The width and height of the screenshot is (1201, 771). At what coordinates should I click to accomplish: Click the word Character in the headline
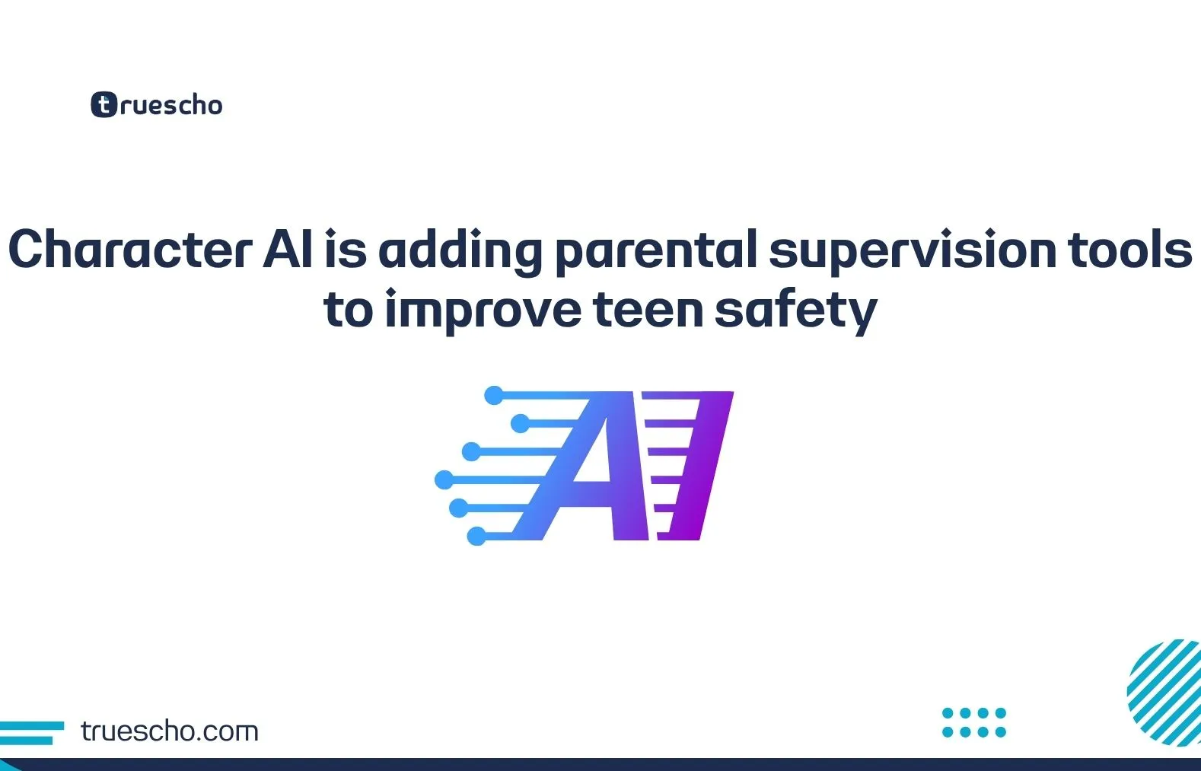pos(129,250)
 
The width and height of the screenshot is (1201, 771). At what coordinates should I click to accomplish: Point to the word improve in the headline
pos(483,311)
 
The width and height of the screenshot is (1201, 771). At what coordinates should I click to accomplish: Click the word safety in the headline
pos(796,311)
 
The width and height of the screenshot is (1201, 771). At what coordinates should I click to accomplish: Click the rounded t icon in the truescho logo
pos(104,105)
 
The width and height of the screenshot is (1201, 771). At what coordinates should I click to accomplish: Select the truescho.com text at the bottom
pos(170,731)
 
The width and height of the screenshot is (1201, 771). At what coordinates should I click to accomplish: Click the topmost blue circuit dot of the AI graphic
pos(494,395)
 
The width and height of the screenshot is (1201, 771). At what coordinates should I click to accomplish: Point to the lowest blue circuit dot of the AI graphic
pos(476,536)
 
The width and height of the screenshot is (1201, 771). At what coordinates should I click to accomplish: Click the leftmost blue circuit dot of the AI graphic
pos(444,479)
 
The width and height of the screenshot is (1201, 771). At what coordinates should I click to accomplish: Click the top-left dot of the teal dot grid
pos(948,713)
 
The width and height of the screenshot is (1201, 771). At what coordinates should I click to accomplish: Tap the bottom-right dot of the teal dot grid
pos(1001,732)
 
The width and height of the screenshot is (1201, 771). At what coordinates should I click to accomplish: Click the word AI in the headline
pos(288,250)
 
